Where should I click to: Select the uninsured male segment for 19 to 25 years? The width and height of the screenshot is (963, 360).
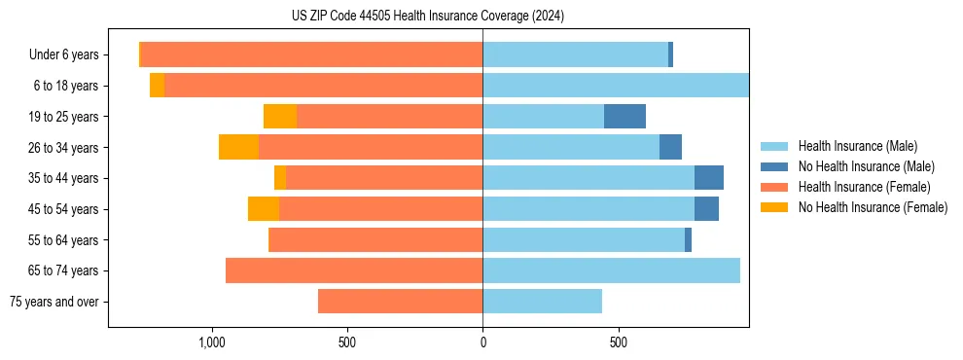(624, 117)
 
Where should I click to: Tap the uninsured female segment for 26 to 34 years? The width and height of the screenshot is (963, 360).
(238, 147)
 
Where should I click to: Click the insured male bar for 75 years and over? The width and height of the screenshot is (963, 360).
(542, 302)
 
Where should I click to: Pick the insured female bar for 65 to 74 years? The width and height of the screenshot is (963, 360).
(354, 270)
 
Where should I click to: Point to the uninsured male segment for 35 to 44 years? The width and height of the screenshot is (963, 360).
(709, 178)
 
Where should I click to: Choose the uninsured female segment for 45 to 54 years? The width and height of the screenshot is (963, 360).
(264, 209)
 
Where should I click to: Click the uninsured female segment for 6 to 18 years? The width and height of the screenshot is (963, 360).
(157, 86)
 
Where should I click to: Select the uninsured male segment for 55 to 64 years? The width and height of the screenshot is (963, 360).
(688, 239)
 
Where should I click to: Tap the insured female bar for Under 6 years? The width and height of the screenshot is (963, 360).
(311, 54)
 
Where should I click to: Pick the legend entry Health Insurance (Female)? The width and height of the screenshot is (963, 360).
(864, 187)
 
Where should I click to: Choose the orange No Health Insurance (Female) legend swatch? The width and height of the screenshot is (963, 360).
(774, 207)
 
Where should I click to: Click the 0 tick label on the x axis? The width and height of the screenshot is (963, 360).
(482, 342)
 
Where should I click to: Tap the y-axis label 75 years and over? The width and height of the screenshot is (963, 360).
(53, 302)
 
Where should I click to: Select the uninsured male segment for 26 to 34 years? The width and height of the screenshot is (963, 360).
(670, 147)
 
